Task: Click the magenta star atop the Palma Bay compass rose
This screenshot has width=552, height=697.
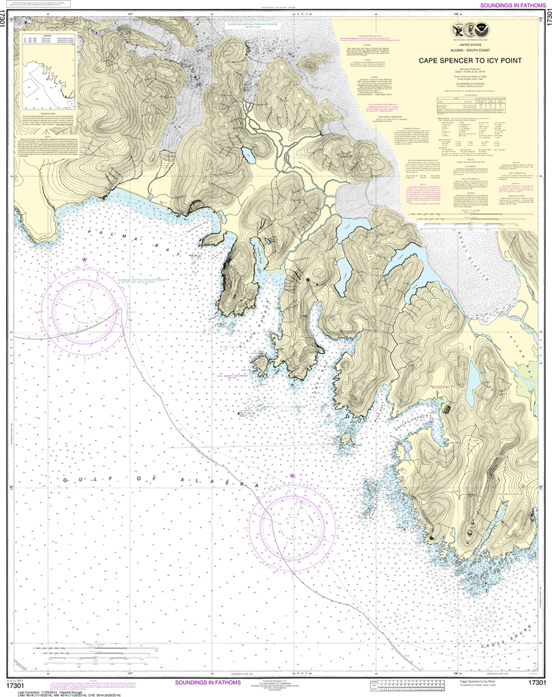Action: (85, 260)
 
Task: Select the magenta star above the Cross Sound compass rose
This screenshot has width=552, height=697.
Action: (292, 475)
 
